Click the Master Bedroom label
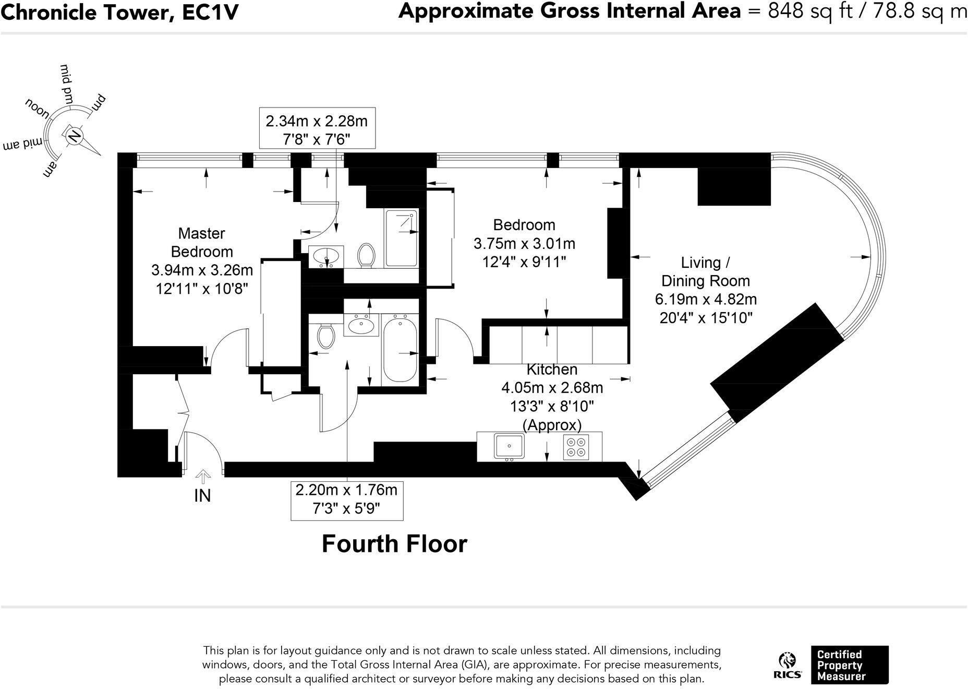202,242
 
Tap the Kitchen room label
552,370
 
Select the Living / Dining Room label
705,271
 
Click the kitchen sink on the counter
509,446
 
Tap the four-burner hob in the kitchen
576,447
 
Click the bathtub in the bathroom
400,350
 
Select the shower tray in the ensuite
401,239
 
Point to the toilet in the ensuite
367,256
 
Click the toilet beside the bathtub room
326,336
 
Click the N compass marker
74,136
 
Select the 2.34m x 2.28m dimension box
317,129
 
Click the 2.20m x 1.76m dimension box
346,499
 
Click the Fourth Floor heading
394,544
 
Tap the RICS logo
787,665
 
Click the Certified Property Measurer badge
849,665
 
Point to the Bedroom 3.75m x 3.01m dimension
524,244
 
